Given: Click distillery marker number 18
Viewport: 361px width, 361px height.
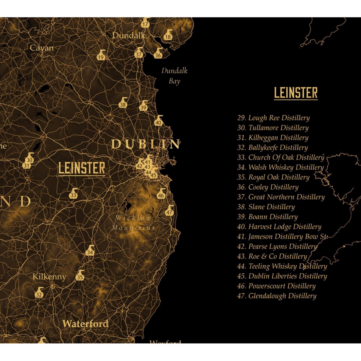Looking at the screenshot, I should (x=168, y=35).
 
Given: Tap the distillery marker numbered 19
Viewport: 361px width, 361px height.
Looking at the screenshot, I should (x=101, y=56).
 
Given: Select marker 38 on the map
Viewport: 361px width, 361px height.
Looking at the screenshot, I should (x=123, y=103).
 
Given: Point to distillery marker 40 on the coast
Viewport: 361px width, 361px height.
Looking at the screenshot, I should (x=159, y=121).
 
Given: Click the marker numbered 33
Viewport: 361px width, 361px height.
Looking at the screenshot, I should (x=73, y=194).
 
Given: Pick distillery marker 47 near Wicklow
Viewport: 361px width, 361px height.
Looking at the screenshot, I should (x=170, y=211).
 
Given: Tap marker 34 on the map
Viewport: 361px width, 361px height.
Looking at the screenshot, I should (x=90, y=251).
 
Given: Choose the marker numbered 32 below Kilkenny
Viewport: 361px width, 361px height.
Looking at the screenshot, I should (x=39, y=293).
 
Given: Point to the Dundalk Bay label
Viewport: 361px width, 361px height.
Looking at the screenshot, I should (x=174, y=76).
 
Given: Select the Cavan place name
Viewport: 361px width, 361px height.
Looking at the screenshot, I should (x=42, y=48).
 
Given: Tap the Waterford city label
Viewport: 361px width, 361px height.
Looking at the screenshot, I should (x=85, y=324).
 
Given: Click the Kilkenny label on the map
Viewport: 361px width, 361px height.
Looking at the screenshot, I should (x=49, y=277).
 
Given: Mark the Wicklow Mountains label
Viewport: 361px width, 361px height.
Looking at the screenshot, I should (x=133, y=223).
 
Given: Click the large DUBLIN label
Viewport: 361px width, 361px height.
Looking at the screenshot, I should (x=146, y=144).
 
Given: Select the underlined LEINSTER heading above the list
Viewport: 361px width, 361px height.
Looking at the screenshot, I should (x=296, y=93).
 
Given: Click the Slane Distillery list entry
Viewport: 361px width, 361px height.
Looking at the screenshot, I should (x=266, y=207).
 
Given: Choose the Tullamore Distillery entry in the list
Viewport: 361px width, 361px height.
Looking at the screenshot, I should (x=273, y=128).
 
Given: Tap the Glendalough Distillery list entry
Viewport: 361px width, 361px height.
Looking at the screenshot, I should (x=277, y=296).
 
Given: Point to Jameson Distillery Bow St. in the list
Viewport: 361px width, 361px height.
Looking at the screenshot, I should (x=282, y=237).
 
